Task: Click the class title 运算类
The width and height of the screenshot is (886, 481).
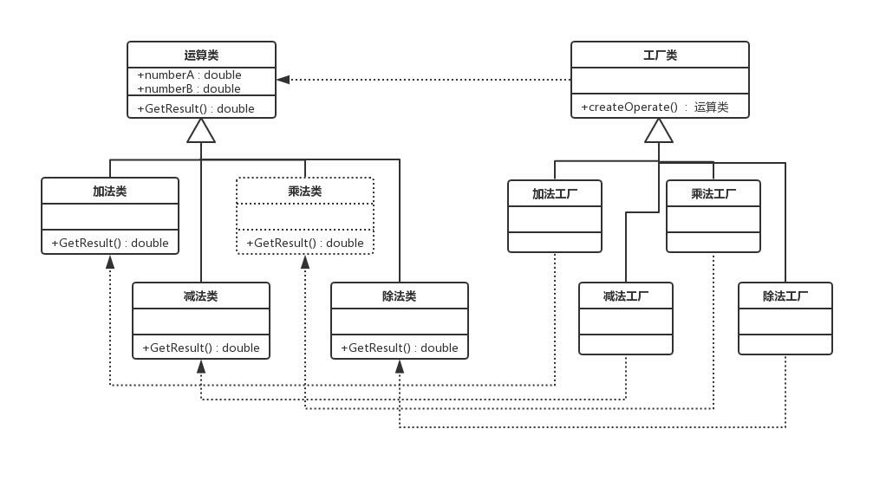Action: (x=201, y=55)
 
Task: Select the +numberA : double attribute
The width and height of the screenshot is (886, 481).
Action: (x=189, y=75)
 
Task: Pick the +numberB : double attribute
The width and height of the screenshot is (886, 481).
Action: (x=189, y=88)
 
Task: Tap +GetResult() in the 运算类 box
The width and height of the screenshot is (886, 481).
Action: (x=196, y=108)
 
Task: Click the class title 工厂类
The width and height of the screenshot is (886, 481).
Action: (x=660, y=55)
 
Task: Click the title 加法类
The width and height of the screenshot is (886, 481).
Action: (x=110, y=191)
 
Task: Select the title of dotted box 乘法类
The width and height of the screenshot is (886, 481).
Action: (x=305, y=191)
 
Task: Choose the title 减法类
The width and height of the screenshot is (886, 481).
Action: (x=201, y=296)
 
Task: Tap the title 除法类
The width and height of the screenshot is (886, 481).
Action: (x=400, y=296)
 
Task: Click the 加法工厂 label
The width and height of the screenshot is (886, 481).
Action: (x=555, y=193)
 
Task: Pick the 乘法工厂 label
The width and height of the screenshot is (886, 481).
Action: (x=713, y=193)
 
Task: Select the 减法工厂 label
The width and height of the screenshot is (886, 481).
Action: (x=626, y=296)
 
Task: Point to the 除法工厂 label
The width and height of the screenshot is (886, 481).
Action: (x=785, y=296)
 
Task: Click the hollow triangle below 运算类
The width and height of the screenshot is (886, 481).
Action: (x=201, y=131)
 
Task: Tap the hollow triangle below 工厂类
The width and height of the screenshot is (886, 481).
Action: (x=659, y=131)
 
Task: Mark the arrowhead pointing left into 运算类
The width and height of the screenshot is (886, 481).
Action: (x=283, y=80)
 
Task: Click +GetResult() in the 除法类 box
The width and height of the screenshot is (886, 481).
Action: (x=400, y=348)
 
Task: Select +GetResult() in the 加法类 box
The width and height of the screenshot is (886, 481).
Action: (x=110, y=243)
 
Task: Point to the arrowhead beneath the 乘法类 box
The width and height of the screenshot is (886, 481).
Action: (x=305, y=261)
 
